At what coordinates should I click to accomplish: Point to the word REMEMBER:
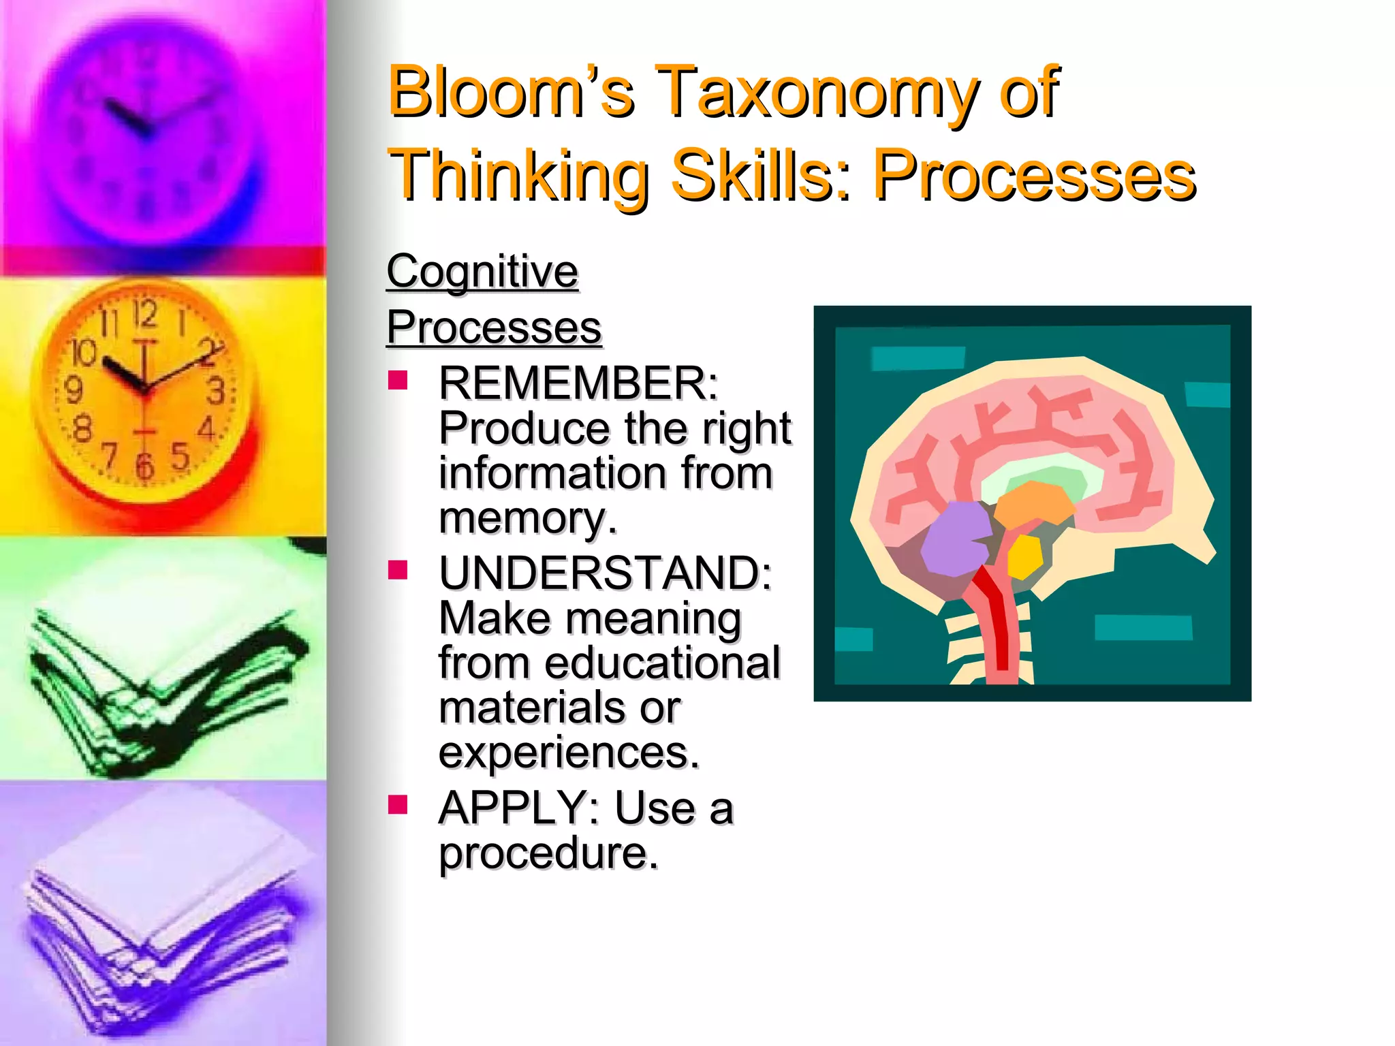click(578, 384)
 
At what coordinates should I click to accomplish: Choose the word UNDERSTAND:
click(605, 573)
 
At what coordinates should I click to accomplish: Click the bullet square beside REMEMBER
click(397, 380)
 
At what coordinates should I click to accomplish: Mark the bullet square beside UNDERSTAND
click(397, 569)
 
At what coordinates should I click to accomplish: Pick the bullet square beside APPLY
click(397, 805)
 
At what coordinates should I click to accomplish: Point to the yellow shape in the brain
click(1024, 555)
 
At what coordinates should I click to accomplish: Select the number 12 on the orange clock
click(144, 314)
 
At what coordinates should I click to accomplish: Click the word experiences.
click(569, 753)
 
